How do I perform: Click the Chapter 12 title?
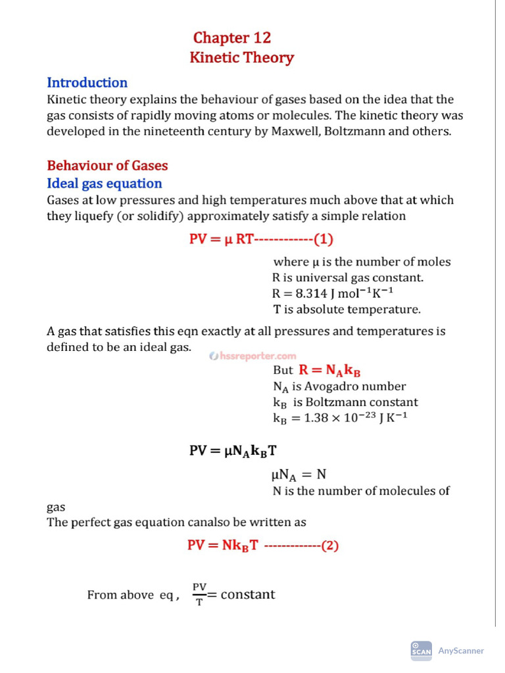(231, 38)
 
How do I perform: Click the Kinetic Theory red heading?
(241, 58)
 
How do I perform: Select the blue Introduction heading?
(87, 83)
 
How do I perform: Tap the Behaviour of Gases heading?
(107, 166)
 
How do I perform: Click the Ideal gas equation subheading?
(104, 183)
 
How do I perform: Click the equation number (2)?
(329, 545)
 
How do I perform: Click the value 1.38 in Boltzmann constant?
(318, 417)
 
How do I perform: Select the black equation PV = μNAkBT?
(237, 451)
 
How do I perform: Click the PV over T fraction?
(199, 594)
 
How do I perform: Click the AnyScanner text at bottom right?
(460, 651)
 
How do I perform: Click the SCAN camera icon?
(421, 650)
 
